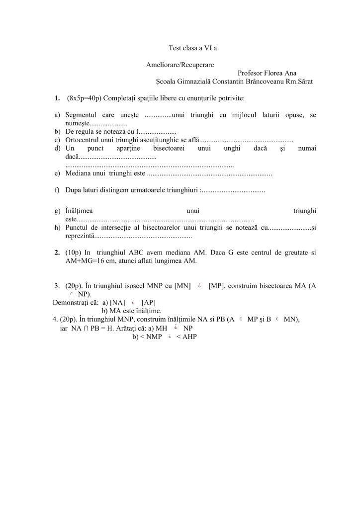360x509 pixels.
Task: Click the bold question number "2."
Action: (58, 253)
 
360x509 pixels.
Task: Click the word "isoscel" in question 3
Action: (138, 286)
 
